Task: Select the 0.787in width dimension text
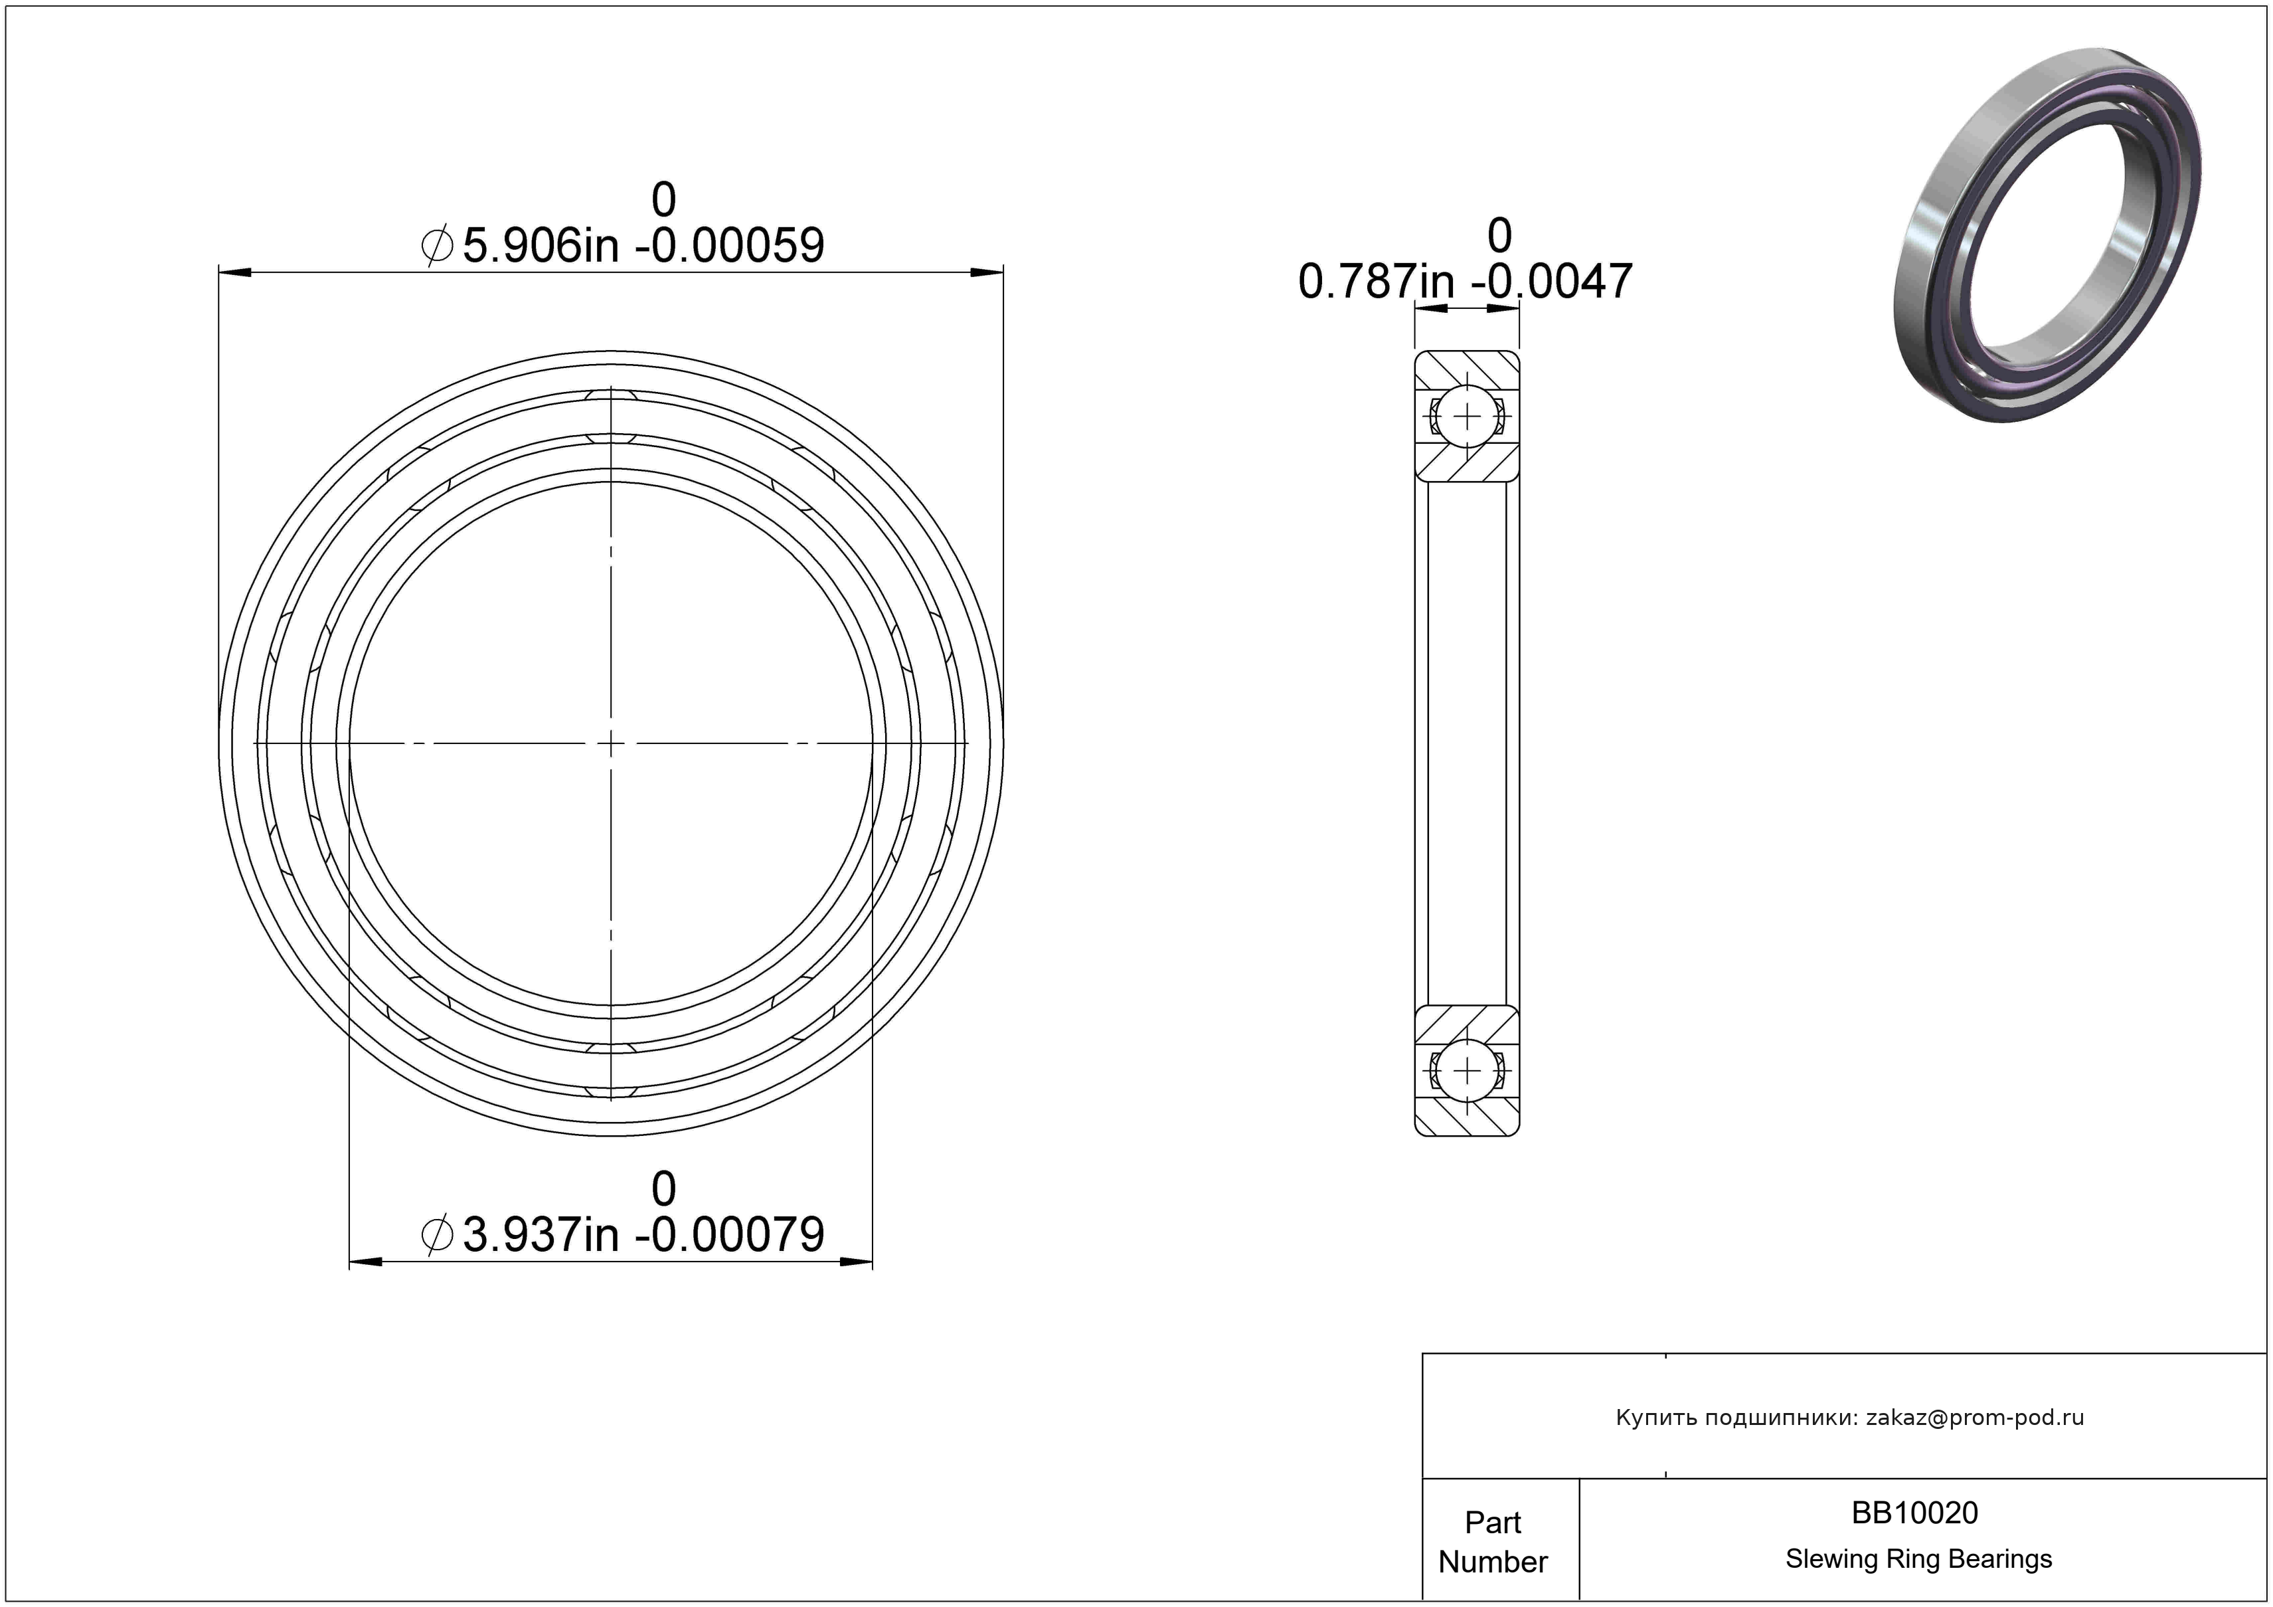pyautogui.click(x=1465, y=281)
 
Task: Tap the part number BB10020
pyautogui.click(x=1914, y=1512)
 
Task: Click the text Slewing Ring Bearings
pyautogui.click(x=1918, y=1559)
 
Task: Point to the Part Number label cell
pyautogui.click(x=1493, y=1542)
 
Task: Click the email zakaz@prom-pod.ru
pyautogui.click(x=1974, y=1417)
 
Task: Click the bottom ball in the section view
pyautogui.click(x=1466, y=1070)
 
